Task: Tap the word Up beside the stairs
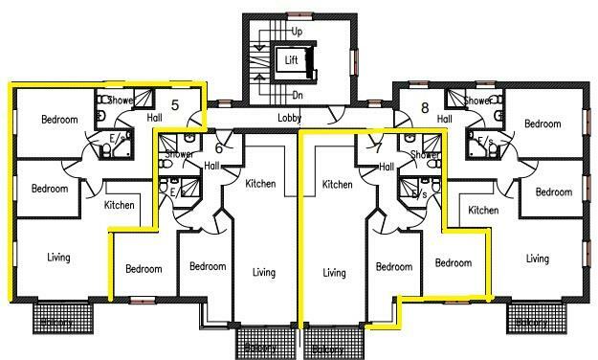[297, 32]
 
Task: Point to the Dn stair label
[298, 95]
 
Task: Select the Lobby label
[290, 119]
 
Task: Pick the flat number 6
[218, 147]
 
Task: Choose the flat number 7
[377, 147]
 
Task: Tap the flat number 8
[424, 108]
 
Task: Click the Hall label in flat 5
[155, 118]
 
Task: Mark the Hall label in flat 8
[444, 119]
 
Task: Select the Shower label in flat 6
[179, 154]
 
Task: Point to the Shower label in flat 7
[424, 154]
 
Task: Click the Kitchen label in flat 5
[120, 205]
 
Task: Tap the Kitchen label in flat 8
[483, 210]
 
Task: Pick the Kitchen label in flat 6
[260, 184]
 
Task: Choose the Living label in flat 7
[333, 273]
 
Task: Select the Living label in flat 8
[538, 259]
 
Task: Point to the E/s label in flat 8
[485, 143]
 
